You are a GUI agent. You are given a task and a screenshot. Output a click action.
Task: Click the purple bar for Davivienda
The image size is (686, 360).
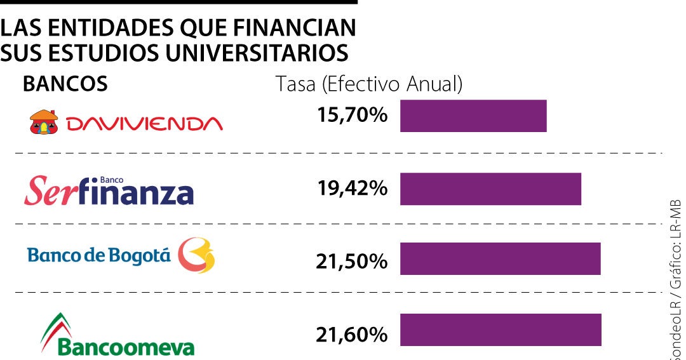(473, 116)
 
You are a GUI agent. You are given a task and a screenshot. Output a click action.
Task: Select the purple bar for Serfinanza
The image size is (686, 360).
(490, 189)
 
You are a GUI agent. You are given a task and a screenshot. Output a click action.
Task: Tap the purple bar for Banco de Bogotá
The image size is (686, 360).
(500, 258)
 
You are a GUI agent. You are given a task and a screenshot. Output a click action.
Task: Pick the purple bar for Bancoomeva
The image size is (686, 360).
(501, 330)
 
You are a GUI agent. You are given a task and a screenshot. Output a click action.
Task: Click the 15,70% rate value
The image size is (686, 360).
(353, 116)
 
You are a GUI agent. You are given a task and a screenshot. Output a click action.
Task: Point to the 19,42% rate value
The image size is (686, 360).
(353, 189)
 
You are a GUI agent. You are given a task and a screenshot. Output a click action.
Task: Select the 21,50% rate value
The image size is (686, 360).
(353, 261)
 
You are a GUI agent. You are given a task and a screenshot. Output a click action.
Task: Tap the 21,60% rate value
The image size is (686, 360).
(353, 334)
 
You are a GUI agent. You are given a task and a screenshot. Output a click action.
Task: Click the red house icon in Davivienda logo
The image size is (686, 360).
(44, 122)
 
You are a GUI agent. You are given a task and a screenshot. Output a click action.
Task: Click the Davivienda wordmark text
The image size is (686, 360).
(144, 123)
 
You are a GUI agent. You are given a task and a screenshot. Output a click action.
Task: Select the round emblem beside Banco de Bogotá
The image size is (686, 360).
(196, 255)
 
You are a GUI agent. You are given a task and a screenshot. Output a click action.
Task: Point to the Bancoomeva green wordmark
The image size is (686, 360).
(126, 348)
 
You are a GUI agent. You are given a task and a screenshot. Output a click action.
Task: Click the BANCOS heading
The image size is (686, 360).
(65, 84)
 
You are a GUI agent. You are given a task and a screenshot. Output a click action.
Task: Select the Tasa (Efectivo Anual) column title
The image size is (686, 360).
(369, 84)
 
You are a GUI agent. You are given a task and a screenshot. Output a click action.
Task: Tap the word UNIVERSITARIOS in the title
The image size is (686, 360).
(257, 53)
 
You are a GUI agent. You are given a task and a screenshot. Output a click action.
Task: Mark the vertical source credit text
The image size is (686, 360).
(675, 279)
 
